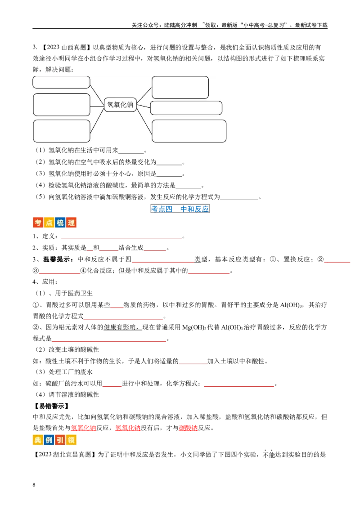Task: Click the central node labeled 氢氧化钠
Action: pos(120,105)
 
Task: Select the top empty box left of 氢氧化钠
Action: pos(61,82)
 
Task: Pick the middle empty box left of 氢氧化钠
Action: pos(62,105)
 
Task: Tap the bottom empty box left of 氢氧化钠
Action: pos(62,131)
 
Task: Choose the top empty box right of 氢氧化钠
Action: pos(180,87)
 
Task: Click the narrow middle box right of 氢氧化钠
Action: pos(186,108)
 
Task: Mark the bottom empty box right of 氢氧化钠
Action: pos(189,131)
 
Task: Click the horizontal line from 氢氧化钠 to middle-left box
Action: pos(97,106)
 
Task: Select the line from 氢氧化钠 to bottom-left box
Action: pos(97,121)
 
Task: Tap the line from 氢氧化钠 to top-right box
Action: pos(144,96)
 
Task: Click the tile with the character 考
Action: pos(38,223)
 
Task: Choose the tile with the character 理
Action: pos(71,223)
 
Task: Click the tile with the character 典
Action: pos(38,439)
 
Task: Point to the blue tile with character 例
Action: pos(49,439)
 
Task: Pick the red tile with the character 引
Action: pos(60,439)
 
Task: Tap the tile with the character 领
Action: pos(71,439)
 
